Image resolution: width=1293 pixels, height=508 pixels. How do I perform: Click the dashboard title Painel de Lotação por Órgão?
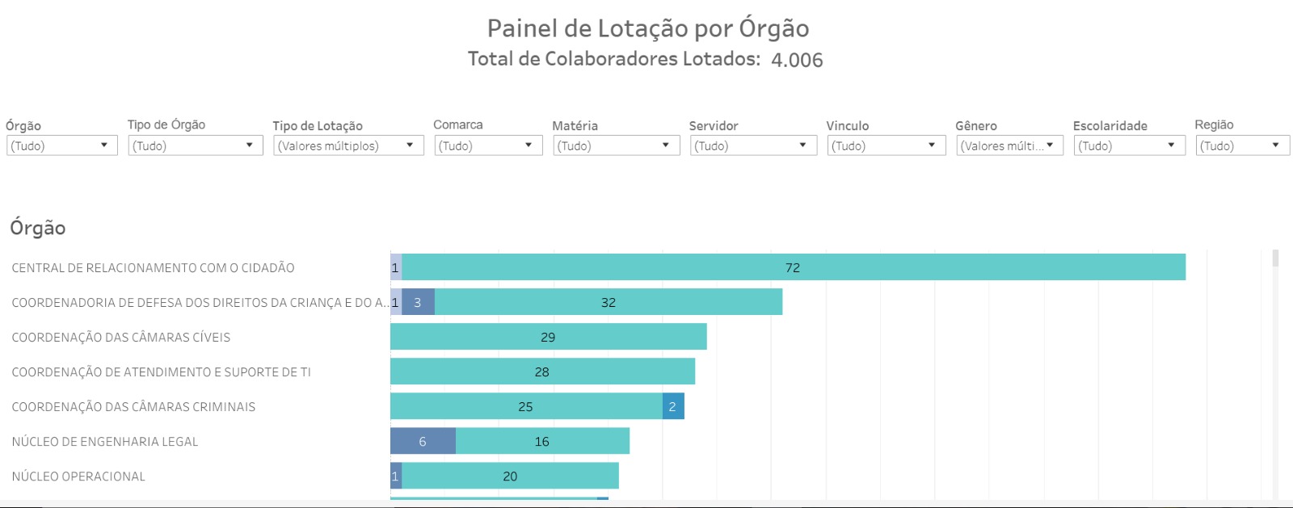click(x=647, y=28)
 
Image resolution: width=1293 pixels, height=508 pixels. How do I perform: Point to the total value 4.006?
click(x=797, y=60)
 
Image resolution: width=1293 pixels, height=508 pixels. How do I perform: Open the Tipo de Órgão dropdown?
click(x=195, y=145)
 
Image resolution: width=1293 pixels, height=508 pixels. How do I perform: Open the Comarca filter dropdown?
click(x=487, y=145)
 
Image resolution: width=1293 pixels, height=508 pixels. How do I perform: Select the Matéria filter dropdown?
click(x=615, y=145)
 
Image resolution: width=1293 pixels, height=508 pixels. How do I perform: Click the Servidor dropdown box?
click(x=752, y=145)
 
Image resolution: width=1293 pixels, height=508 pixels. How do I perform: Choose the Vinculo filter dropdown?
click(x=886, y=145)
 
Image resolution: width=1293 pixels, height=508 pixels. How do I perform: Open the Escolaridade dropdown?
click(x=1128, y=145)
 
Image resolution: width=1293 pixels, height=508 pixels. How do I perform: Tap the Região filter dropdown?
click(x=1242, y=145)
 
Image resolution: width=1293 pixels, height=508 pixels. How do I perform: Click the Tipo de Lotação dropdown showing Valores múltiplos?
click(x=347, y=145)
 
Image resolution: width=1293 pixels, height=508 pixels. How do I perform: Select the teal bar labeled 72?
click(x=793, y=267)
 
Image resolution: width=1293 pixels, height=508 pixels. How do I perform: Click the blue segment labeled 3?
click(x=418, y=302)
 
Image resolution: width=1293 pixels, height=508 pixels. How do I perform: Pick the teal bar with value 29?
click(x=548, y=337)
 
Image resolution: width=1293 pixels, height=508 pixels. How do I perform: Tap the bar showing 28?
click(x=542, y=372)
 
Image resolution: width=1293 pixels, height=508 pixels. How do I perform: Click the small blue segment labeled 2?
click(x=672, y=406)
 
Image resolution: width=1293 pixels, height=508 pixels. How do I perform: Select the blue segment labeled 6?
click(x=423, y=441)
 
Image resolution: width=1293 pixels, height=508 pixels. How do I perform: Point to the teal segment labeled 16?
click(x=542, y=441)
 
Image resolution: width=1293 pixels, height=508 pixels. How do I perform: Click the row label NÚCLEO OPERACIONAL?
click(x=78, y=477)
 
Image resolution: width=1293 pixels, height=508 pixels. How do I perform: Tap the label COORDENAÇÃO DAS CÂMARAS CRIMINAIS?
click(x=133, y=407)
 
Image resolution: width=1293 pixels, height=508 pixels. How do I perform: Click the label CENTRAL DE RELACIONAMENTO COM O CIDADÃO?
click(x=153, y=268)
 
